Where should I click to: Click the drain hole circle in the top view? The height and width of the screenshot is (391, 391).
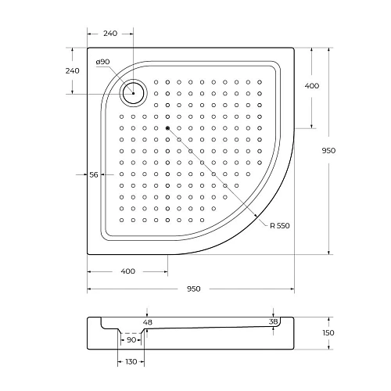click(134, 94)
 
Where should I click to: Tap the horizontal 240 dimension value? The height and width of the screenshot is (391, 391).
click(109, 34)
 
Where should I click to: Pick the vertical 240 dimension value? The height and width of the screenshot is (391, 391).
click(73, 71)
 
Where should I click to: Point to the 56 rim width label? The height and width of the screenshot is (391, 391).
click(94, 175)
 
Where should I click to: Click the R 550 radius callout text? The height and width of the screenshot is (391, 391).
click(279, 225)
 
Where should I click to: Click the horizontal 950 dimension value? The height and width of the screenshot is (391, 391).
click(193, 289)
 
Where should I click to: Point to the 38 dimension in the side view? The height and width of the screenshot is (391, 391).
click(273, 321)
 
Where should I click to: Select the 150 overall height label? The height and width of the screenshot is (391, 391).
click(328, 333)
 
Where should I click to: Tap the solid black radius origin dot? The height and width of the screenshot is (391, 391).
click(167, 127)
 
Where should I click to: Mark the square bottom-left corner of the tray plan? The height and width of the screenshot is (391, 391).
click(87, 253)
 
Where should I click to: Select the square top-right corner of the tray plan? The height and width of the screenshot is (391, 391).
click(293, 49)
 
